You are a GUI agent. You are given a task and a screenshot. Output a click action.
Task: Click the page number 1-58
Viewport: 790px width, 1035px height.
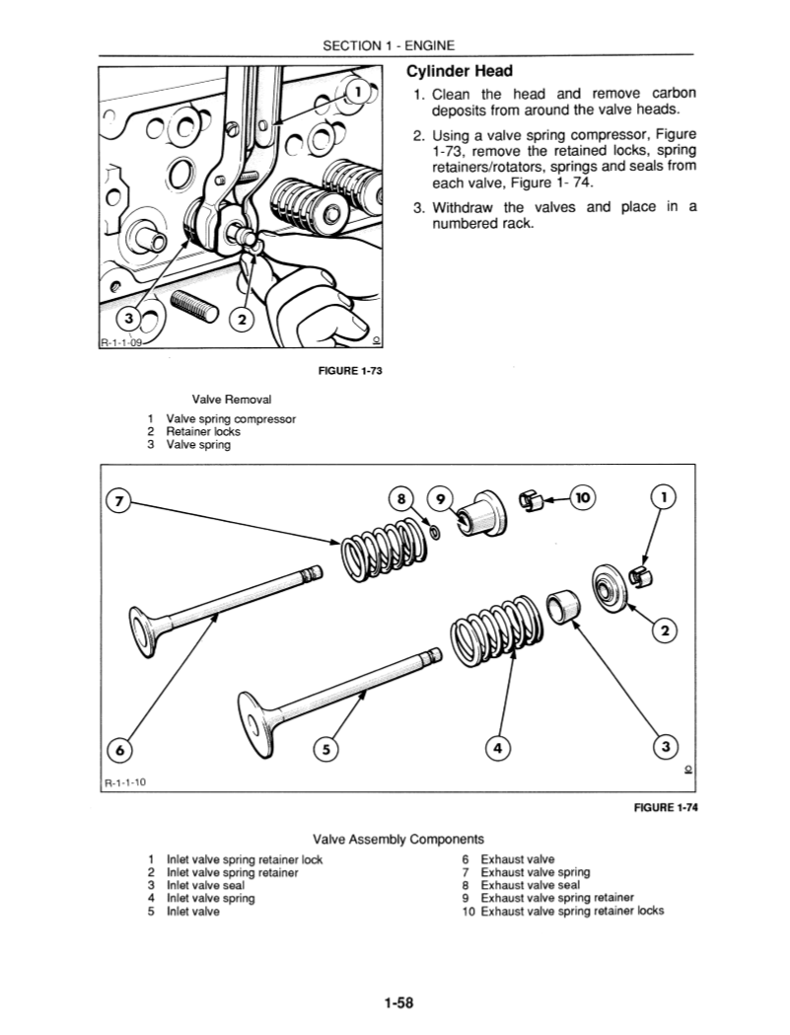(398, 1004)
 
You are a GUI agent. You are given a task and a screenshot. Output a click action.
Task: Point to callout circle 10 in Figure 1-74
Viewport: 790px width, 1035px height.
(583, 499)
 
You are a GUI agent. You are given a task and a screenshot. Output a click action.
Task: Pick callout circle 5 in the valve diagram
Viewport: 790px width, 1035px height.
(324, 750)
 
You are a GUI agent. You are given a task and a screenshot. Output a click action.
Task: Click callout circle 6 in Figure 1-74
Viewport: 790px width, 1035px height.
(119, 750)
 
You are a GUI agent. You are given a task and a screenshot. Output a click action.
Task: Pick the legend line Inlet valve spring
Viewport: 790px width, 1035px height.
(204, 898)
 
